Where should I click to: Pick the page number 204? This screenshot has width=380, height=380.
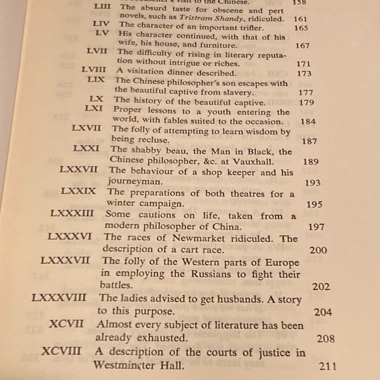tap(322, 312)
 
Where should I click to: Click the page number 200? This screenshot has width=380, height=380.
tap(318, 250)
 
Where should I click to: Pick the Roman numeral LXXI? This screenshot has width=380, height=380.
tap(86, 149)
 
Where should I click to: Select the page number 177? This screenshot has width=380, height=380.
tap(306, 92)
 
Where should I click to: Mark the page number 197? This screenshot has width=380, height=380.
tap(316, 227)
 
